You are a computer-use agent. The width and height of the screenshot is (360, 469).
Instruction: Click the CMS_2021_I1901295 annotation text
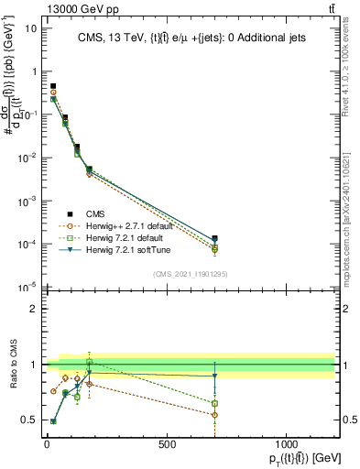click(x=189, y=273)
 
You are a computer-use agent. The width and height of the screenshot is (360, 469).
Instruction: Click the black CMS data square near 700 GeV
click(x=214, y=238)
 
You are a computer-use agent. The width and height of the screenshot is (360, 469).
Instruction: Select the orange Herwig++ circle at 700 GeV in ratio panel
click(x=214, y=415)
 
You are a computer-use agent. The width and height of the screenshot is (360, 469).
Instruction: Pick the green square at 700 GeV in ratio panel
click(x=214, y=403)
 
